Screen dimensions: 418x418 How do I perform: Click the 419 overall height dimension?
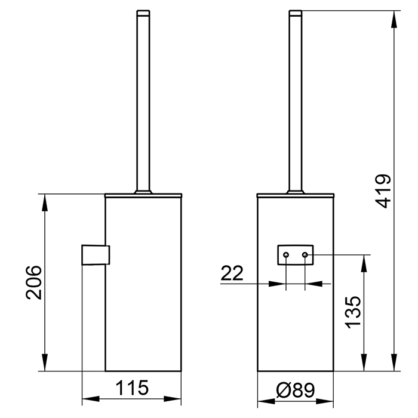[383, 191]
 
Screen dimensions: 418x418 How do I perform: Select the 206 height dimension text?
[34, 282]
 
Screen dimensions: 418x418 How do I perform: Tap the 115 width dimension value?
[132, 388]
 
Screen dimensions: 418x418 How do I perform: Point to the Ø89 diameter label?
[296, 390]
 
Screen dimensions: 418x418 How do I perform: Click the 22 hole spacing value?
[232, 273]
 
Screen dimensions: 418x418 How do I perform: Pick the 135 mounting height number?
[353, 312]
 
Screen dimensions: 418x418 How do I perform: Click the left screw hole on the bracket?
[286, 255]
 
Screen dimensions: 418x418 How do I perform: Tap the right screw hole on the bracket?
[305, 255]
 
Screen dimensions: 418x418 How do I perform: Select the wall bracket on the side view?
[96, 255]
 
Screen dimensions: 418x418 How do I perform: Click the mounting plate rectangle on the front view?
[296, 255]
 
